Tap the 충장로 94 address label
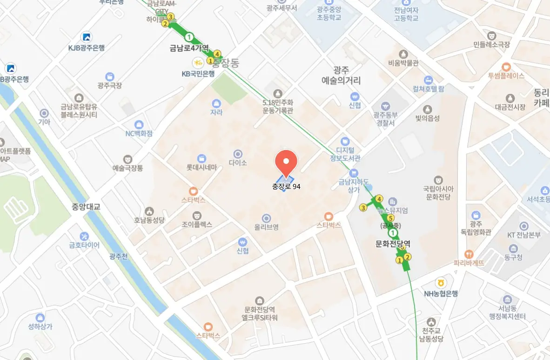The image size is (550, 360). [x=286, y=186]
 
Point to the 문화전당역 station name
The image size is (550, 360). [x=393, y=243]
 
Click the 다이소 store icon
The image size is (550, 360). [x=238, y=154]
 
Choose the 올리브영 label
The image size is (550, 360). [x=266, y=227]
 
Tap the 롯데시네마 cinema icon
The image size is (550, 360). [x=201, y=158]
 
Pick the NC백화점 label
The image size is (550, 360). [x=139, y=134]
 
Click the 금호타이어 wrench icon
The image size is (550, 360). [x=84, y=236]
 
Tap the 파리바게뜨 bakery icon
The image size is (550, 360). [x=469, y=254]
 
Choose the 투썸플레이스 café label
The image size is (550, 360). [x=506, y=75]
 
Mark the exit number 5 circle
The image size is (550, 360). [x=390, y=218]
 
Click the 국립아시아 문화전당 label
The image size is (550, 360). [x=438, y=193]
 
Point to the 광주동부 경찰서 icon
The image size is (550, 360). [x=384, y=107]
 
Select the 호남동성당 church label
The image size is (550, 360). [x=149, y=220]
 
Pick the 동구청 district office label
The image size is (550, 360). [x=514, y=257]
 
